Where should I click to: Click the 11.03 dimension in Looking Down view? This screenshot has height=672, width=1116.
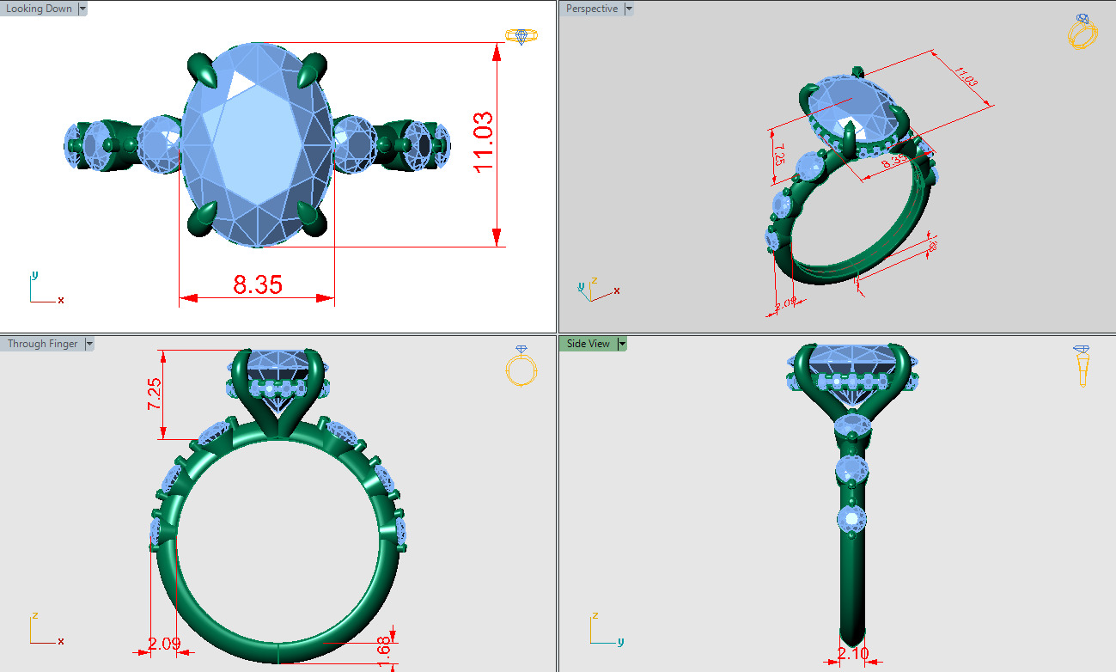(x=484, y=143)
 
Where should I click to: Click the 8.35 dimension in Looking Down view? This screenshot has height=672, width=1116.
(x=257, y=284)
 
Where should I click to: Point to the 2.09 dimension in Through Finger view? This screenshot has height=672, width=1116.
(x=163, y=643)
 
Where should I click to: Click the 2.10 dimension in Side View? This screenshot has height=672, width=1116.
(x=852, y=654)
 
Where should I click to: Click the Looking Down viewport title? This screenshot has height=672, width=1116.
(x=40, y=9)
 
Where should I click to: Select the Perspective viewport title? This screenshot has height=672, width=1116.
(x=591, y=9)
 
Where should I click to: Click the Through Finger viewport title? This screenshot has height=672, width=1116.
(x=43, y=344)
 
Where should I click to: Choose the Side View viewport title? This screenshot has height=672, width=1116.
(x=588, y=344)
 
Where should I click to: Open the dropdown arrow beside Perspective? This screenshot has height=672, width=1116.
(x=629, y=9)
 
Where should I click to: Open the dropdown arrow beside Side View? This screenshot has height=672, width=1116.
(x=623, y=344)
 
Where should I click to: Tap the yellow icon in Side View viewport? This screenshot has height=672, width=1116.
(x=1082, y=365)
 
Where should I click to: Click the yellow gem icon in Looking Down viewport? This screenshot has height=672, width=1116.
(x=521, y=35)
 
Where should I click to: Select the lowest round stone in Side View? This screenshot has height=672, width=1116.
(x=852, y=519)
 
